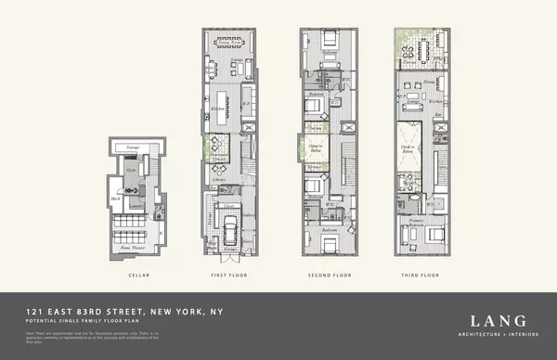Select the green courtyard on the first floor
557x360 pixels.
click(x=210, y=143)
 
